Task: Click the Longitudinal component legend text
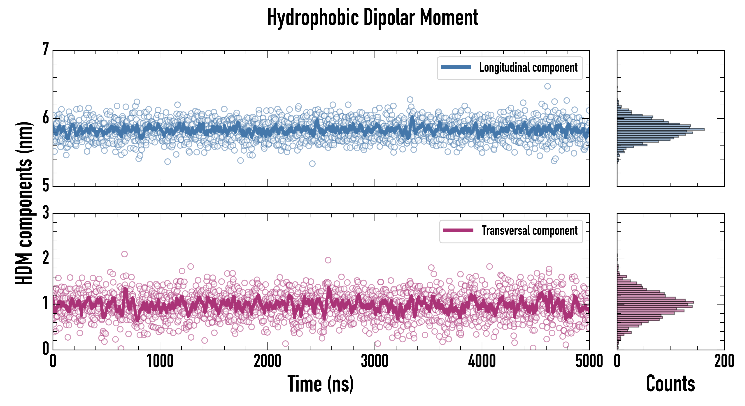point(528,68)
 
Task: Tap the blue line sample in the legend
point(456,67)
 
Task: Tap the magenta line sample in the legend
point(458,231)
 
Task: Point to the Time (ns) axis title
point(320,383)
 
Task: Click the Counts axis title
point(670,383)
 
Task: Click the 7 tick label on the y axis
point(45,49)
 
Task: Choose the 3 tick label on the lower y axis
point(45,213)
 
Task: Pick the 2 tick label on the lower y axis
point(45,258)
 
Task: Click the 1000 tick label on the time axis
point(160,361)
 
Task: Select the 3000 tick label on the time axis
point(375,361)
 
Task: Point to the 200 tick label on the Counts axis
point(724,361)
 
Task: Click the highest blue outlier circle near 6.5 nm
point(547,86)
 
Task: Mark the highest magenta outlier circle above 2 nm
point(124,254)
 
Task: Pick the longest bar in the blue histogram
point(661,129)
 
